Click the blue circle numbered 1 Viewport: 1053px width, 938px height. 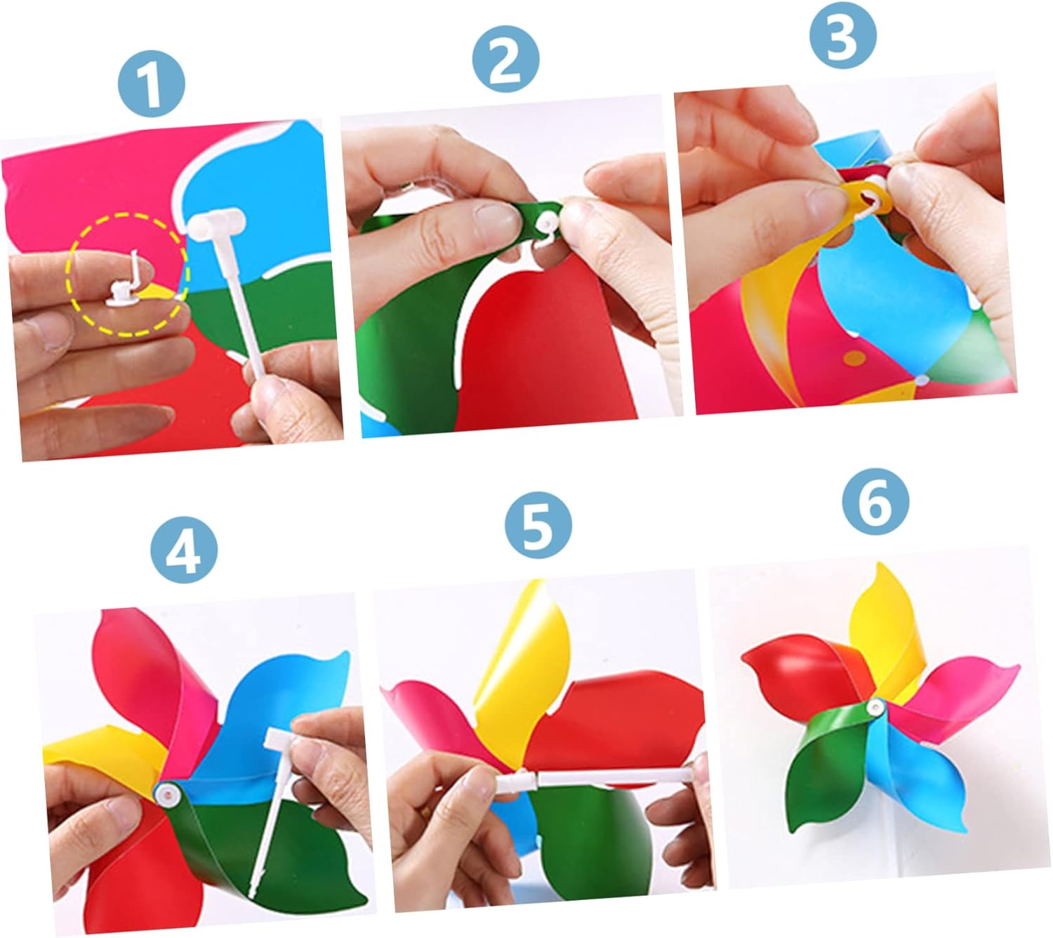coord(151,83)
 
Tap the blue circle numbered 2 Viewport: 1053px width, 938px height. coord(505,59)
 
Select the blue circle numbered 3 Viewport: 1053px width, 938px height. coord(843,34)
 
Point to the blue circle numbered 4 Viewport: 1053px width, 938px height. coord(184,550)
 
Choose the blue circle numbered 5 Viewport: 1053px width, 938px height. coord(538,524)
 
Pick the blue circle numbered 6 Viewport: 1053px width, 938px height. coord(876,501)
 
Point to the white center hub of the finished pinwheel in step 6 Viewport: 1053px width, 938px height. coord(876,706)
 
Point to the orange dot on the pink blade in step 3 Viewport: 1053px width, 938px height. coord(854,358)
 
